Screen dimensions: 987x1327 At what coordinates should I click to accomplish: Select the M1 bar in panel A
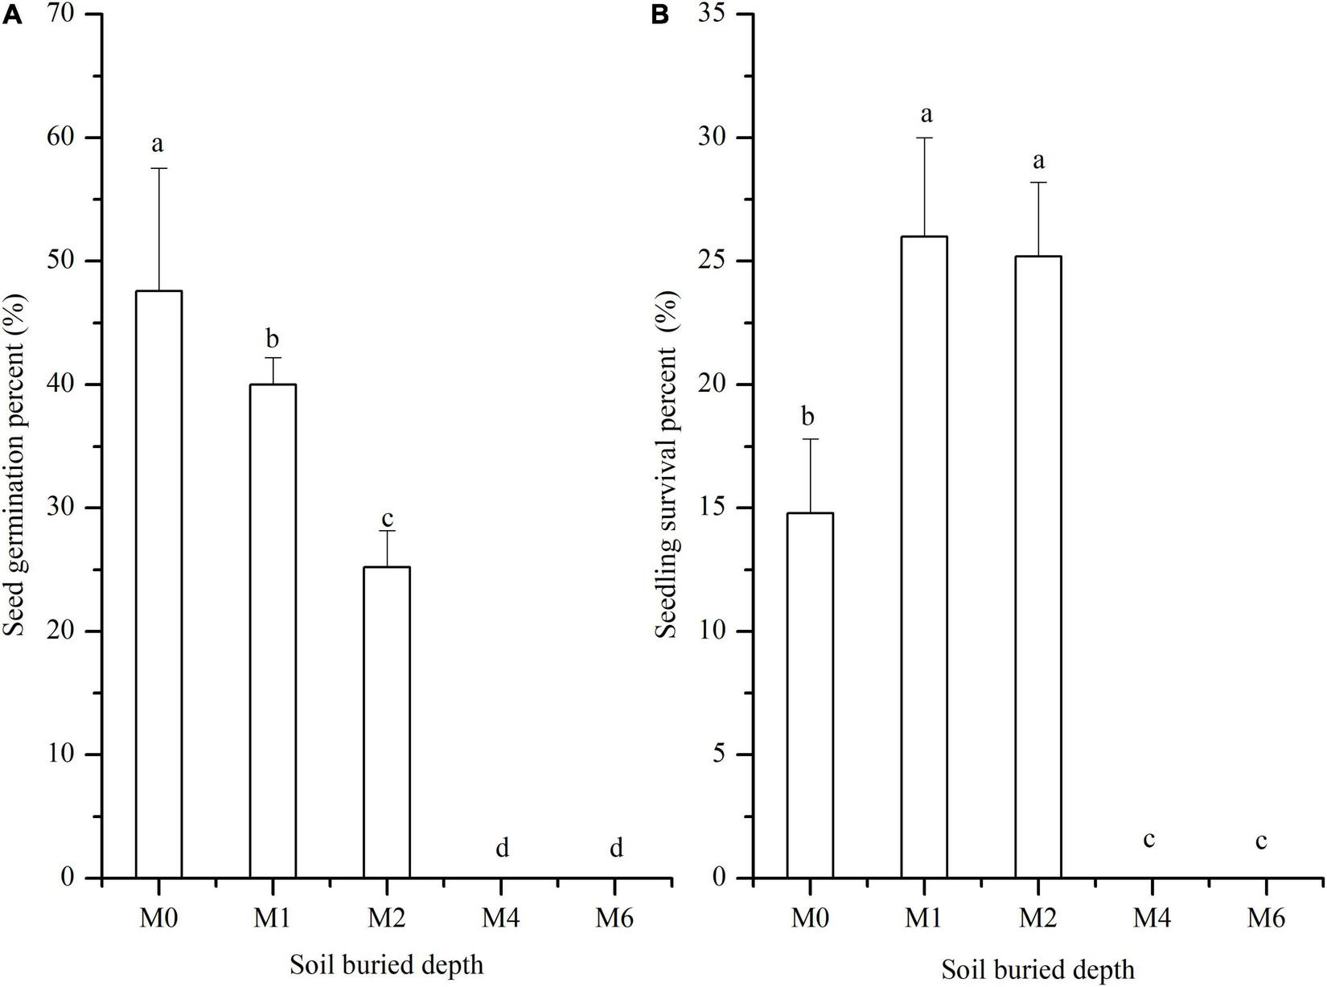point(273,631)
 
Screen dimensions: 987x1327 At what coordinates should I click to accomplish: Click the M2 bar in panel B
point(1038,566)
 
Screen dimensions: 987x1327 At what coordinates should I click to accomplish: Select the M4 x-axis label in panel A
point(501,919)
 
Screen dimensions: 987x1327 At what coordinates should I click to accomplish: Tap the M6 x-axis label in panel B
point(1267,919)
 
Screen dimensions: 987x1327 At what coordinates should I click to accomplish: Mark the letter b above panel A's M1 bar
point(273,338)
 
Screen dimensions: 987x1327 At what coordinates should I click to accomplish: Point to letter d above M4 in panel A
point(502,847)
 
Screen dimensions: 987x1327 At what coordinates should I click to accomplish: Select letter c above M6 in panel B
point(1262,841)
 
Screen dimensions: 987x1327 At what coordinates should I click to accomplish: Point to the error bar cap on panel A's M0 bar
point(158,168)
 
